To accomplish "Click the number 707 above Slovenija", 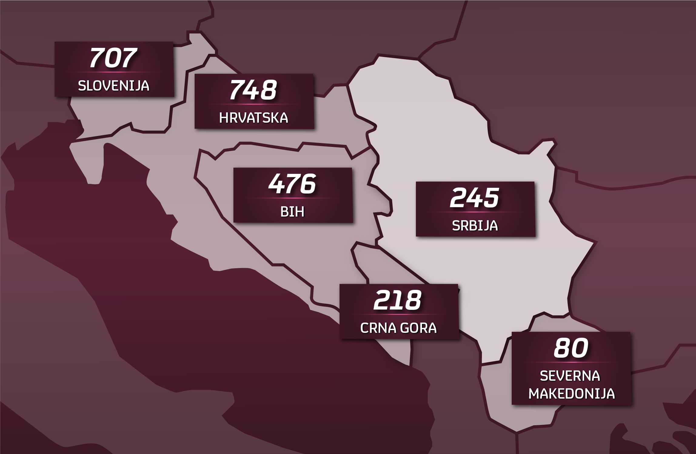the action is (113, 58).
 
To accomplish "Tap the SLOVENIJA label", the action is (114, 86).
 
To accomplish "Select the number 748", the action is (253, 90).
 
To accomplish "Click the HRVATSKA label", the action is (254, 118).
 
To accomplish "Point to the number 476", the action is (292, 184).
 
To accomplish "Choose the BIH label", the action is (293, 212).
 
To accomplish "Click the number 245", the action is (475, 198).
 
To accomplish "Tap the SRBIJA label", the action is (475, 226).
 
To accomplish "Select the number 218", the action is (398, 300).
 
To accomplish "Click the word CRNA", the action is (375, 328).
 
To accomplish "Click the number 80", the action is (571, 348).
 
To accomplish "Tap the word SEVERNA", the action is (570, 376).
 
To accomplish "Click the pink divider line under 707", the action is (114, 72).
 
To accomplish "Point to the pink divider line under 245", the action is (475, 212).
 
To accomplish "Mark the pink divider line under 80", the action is (571, 362).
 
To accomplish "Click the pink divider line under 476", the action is (293, 198).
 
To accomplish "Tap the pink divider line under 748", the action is (254, 104).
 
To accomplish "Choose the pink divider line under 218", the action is (398, 314).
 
